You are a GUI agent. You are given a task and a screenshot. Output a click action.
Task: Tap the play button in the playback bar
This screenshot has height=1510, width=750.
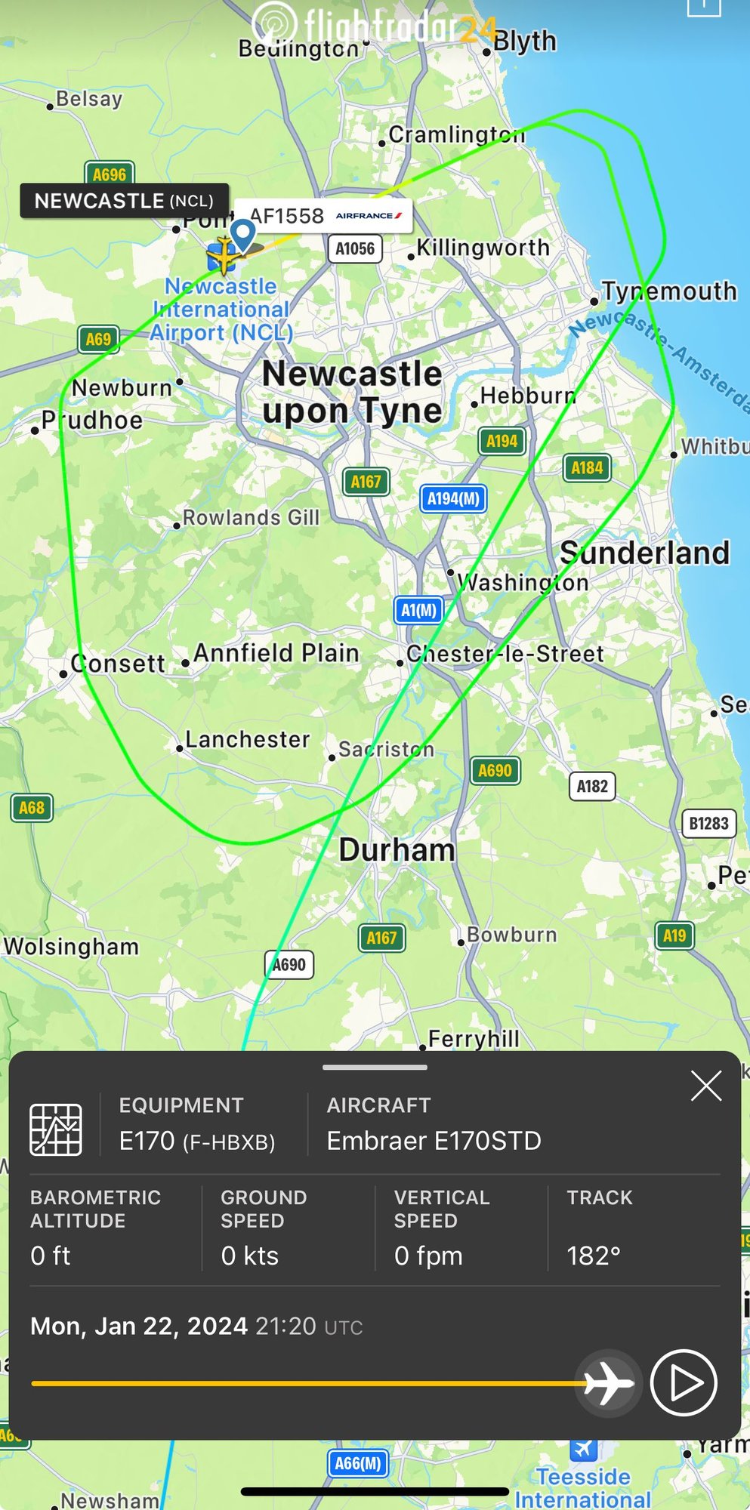click(x=683, y=1382)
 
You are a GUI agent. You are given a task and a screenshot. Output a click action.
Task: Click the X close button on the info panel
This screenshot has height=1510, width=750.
click(x=706, y=1086)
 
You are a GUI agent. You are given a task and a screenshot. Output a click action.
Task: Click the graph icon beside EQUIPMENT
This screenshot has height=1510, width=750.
click(x=56, y=1129)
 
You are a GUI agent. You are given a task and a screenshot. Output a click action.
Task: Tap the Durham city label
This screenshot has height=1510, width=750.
click(x=397, y=850)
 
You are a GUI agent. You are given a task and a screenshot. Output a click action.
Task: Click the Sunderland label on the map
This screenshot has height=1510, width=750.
click(x=644, y=553)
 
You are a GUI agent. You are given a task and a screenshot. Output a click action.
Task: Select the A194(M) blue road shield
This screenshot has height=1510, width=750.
click(x=453, y=498)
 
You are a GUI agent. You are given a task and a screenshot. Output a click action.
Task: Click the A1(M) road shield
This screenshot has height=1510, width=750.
click(x=418, y=610)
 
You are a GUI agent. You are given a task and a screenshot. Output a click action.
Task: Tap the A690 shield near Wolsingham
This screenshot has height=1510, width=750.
click(x=289, y=964)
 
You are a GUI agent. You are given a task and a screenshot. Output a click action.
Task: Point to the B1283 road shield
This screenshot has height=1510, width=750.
click(x=708, y=823)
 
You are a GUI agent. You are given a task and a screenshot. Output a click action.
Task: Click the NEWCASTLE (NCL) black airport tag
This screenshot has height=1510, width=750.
click(x=124, y=201)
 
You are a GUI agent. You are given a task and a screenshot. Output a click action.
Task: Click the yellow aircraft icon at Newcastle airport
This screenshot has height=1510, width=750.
click(x=224, y=255)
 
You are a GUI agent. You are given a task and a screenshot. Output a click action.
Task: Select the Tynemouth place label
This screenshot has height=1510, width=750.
click(x=668, y=291)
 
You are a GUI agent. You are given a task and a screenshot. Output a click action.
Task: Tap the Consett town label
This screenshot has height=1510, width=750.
click(x=117, y=664)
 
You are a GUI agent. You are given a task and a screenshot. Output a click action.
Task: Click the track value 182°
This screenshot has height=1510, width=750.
click(x=594, y=1256)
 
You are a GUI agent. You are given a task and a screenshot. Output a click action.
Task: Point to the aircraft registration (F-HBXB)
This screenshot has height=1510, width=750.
click(x=229, y=1142)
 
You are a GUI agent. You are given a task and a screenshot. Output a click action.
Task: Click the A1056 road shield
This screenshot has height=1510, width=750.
click(x=355, y=248)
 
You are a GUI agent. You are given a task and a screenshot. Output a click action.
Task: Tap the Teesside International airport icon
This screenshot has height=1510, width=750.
click(x=583, y=1448)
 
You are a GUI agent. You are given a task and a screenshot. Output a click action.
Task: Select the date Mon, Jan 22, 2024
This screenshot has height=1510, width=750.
click(x=139, y=1326)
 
